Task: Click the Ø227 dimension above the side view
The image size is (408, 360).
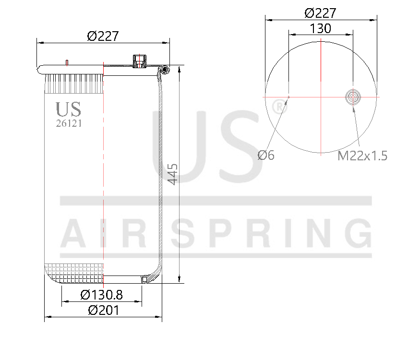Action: tap(103, 36)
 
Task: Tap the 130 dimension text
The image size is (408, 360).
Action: tap(320, 28)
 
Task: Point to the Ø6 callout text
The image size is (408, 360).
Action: tap(266, 155)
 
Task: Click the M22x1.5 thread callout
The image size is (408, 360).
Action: tap(362, 156)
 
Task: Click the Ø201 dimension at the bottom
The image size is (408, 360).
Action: tap(103, 310)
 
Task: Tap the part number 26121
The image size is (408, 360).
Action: tap(69, 123)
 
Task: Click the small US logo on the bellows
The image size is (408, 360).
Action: tap(69, 109)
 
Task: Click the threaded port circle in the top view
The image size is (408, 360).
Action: tap(353, 97)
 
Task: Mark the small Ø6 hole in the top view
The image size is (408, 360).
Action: tap(288, 97)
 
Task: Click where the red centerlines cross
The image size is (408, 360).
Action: tap(321, 97)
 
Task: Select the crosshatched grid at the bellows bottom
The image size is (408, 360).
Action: tap(74, 270)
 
